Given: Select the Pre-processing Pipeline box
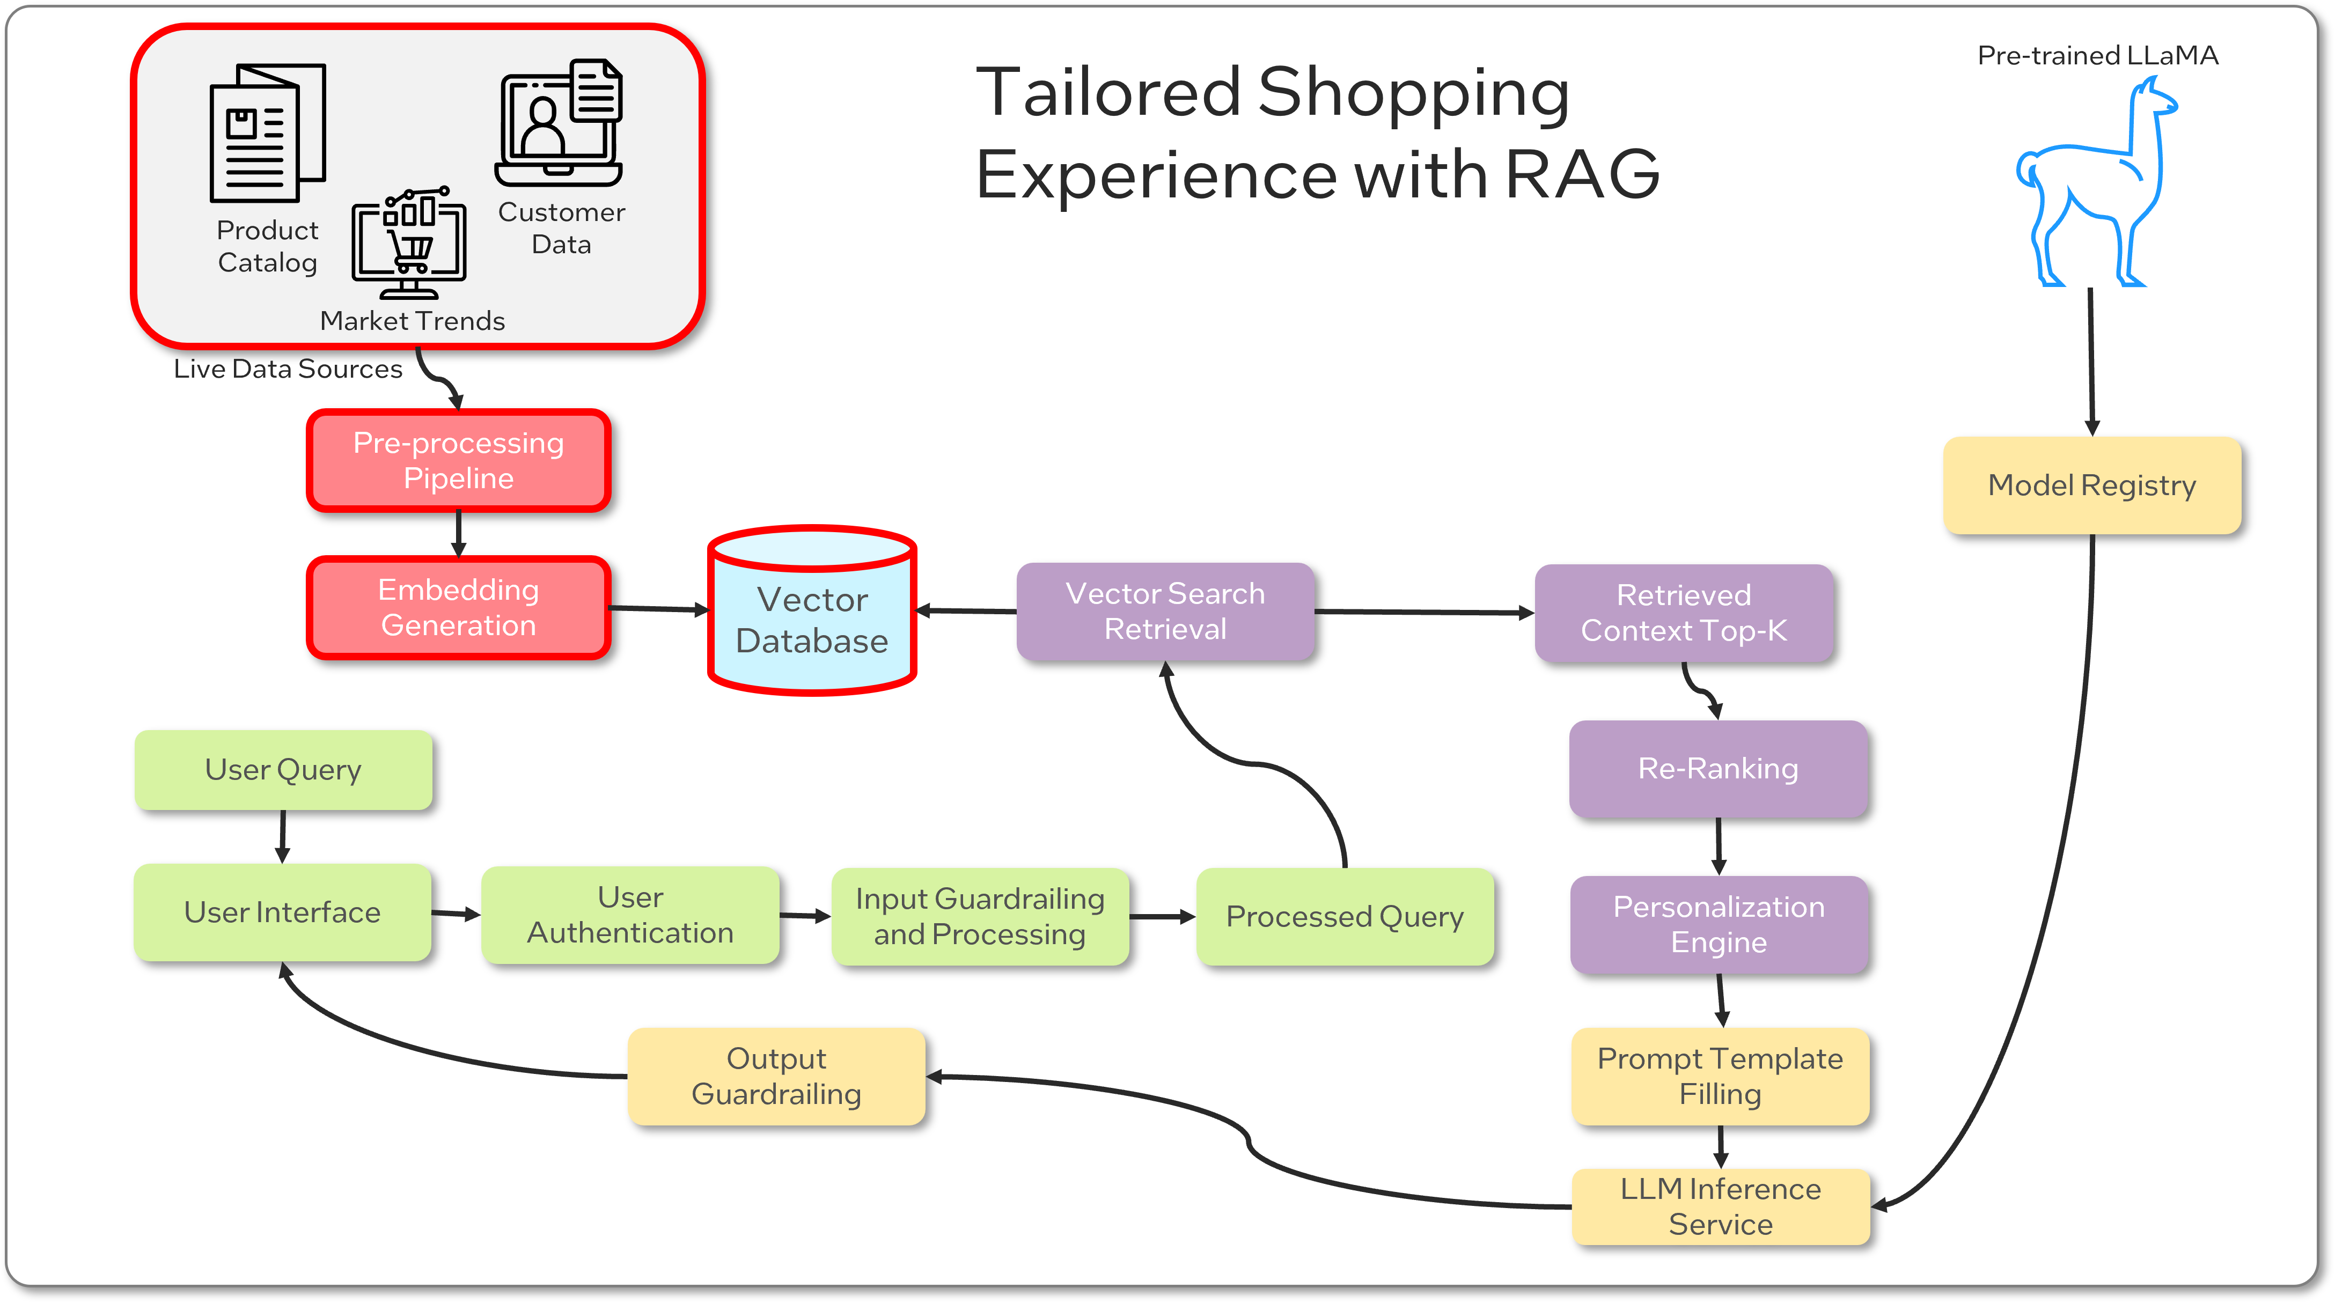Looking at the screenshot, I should pos(459,460).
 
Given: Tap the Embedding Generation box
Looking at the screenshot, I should pos(459,607).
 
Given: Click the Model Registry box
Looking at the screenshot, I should pos(2091,485).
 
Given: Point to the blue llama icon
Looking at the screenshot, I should pos(2094,190).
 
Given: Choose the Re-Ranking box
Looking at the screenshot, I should pos(1717,768).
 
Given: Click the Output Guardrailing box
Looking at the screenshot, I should pos(776,1077).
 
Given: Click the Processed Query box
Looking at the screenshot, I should pos(1344,916).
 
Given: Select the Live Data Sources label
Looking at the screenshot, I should pos(288,369).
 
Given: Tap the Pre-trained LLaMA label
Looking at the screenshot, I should pos(2097,55).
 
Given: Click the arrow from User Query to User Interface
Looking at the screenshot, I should pos(283,835).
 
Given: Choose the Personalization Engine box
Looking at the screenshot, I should pos(1719,924).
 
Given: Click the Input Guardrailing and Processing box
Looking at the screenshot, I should pos(980,916).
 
